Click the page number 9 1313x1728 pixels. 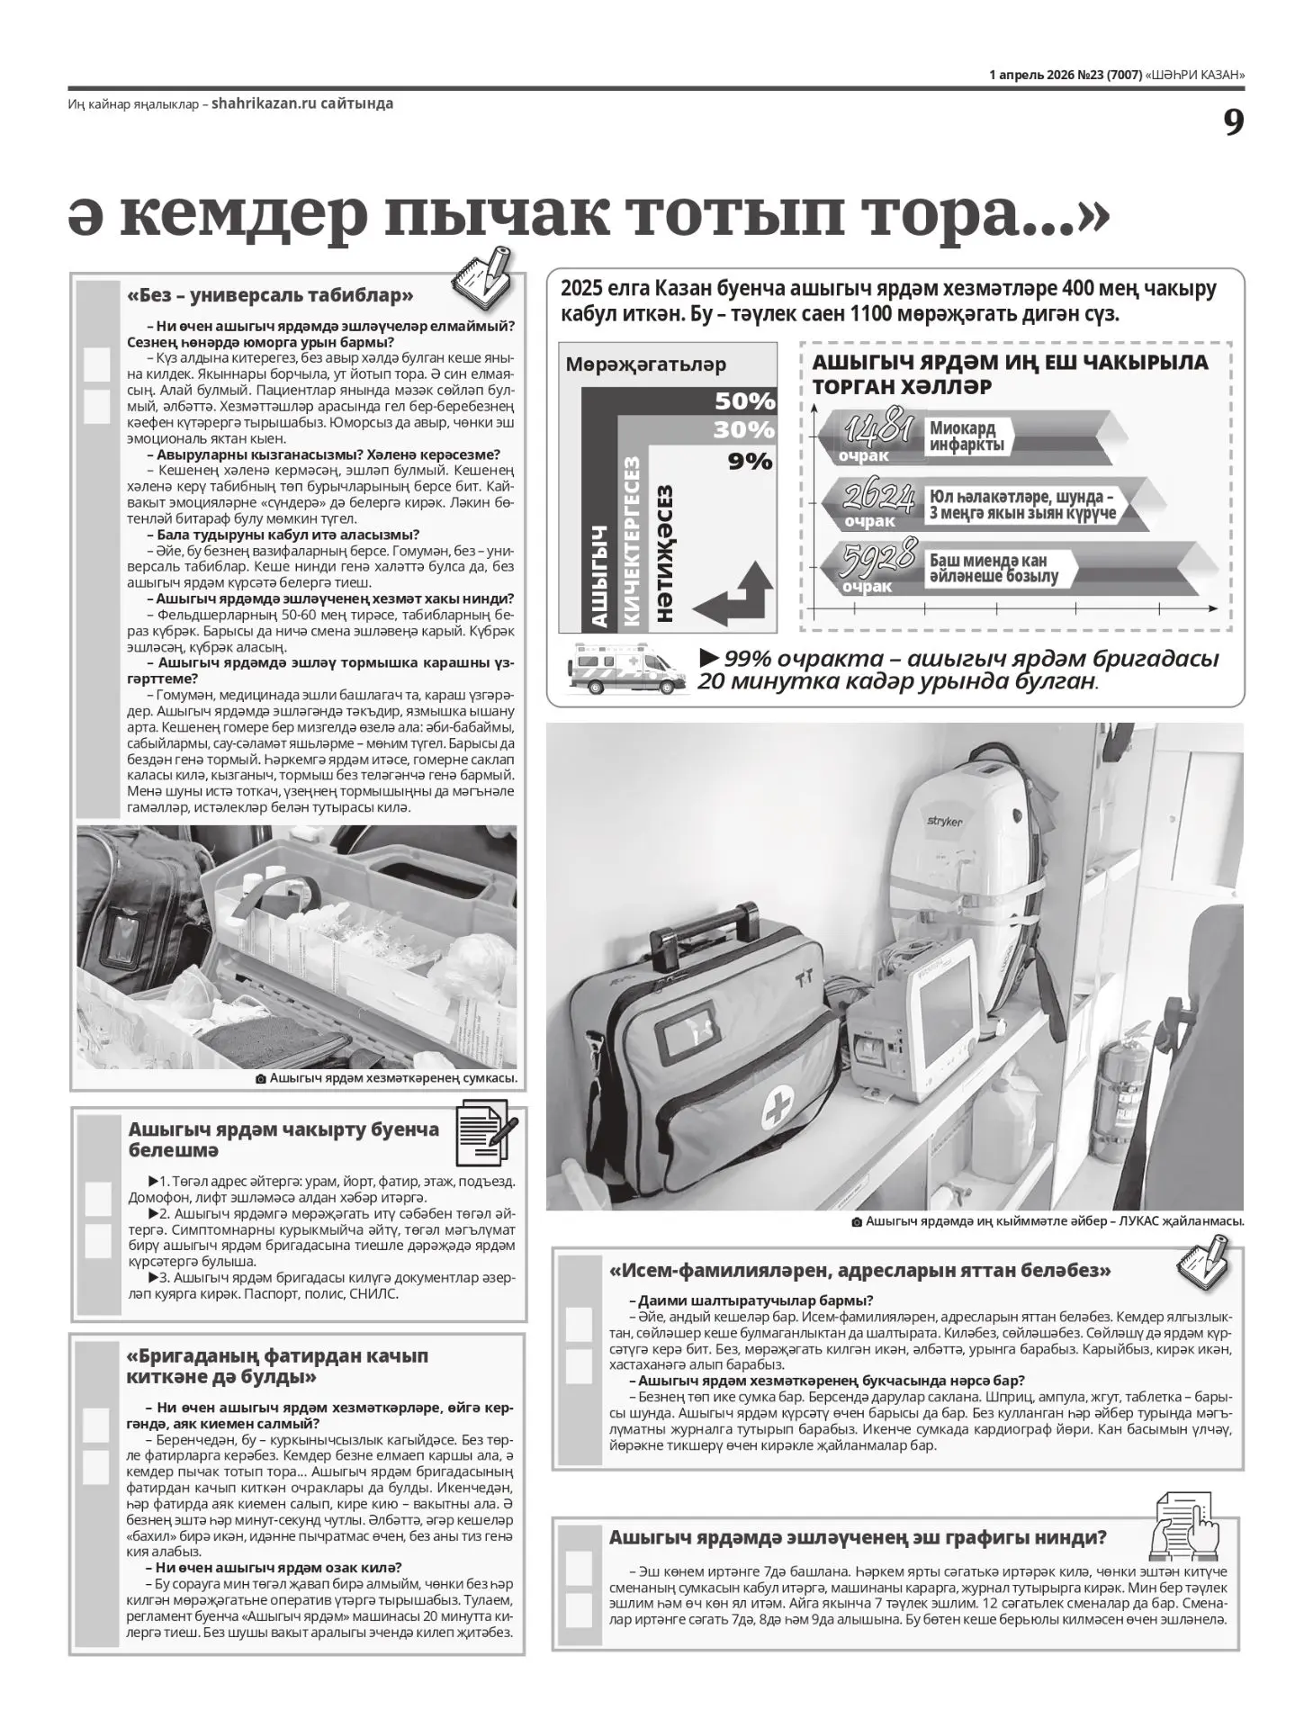coord(1233,122)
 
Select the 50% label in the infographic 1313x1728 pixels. coord(745,400)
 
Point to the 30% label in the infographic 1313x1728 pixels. coord(744,429)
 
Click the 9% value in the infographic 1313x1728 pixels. coord(751,462)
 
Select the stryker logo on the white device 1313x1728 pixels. coord(945,822)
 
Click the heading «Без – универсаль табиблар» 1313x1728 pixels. coord(271,295)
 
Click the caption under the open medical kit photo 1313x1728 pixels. coord(388,1078)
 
